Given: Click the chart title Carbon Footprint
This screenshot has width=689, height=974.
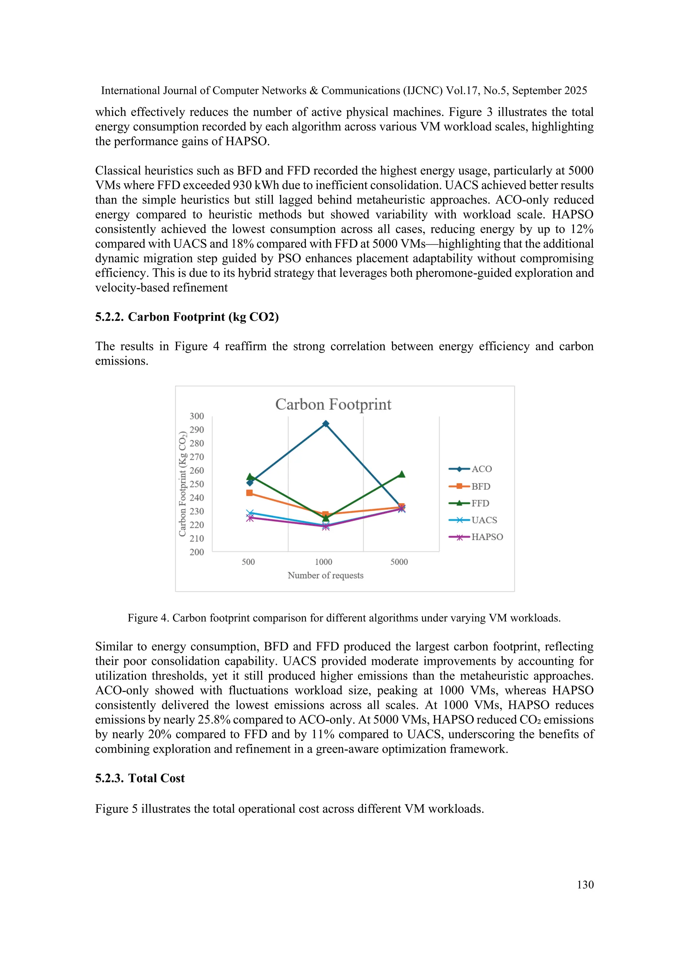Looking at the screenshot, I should (333, 404).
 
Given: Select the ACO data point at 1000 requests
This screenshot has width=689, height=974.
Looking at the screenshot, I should (325, 424).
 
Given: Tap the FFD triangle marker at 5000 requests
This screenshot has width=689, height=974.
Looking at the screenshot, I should (401, 474).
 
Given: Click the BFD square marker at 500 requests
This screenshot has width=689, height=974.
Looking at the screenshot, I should (250, 493).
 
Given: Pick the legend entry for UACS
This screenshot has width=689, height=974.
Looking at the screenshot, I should (484, 520).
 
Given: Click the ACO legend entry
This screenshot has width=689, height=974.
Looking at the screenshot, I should (481, 469).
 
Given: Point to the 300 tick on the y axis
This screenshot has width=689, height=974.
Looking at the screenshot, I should (196, 416).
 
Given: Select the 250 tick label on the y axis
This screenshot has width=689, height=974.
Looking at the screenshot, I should (196, 484).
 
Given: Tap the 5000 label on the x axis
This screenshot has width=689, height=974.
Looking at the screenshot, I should (399, 562).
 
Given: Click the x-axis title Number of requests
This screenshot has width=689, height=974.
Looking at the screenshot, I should (325, 576).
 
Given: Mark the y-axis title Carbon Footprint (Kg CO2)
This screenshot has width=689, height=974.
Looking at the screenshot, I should (182, 484).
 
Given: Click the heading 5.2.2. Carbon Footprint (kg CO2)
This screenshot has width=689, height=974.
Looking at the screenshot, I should (187, 317).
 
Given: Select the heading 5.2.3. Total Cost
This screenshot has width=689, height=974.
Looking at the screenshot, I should (140, 778).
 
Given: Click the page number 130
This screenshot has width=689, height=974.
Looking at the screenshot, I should (585, 885).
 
